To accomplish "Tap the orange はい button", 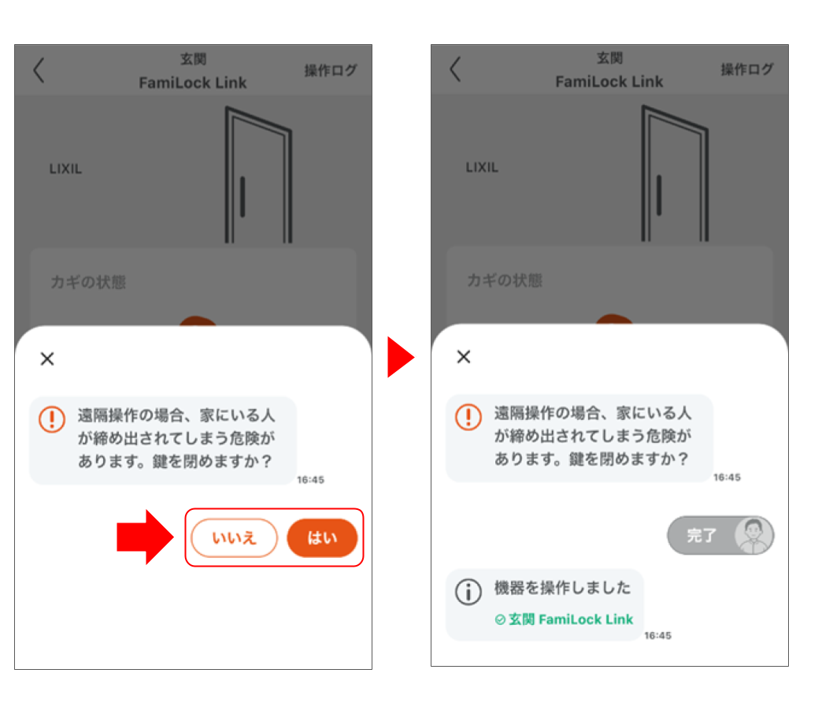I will (322, 538).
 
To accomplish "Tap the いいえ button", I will (235, 538).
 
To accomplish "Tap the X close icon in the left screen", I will (47, 359).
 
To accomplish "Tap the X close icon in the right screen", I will (464, 357).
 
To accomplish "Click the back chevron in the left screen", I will (39, 70).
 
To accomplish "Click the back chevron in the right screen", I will (455, 69).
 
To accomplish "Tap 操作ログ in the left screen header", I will (331, 71).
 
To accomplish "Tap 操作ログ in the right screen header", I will (747, 69).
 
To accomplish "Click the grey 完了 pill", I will (702, 536).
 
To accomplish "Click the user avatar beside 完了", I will (753, 536).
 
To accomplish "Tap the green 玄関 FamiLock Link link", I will (564, 619).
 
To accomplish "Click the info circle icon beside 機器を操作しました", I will (469, 592).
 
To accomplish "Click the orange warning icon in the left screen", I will (52, 418).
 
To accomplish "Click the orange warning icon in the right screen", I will (468, 416).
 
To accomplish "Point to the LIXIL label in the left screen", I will (65, 169).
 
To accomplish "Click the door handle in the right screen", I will (659, 195).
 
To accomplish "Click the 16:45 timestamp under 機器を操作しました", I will (657, 635).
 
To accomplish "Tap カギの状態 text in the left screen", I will (87, 282).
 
